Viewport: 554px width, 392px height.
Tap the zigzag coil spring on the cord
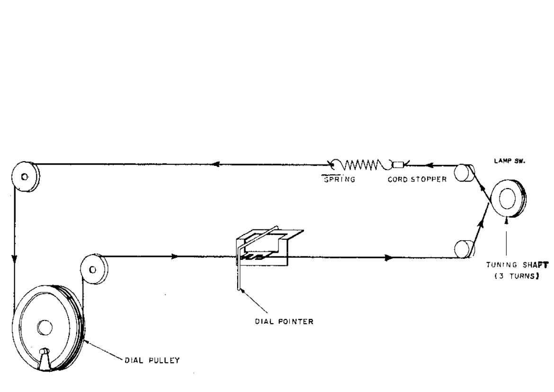click(x=361, y=165)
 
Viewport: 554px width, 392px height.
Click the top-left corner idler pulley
click(x=26, y=176)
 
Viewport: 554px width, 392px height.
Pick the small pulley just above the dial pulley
click(x=93, y=269)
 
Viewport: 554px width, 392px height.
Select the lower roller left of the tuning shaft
click(x=463, y=248)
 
